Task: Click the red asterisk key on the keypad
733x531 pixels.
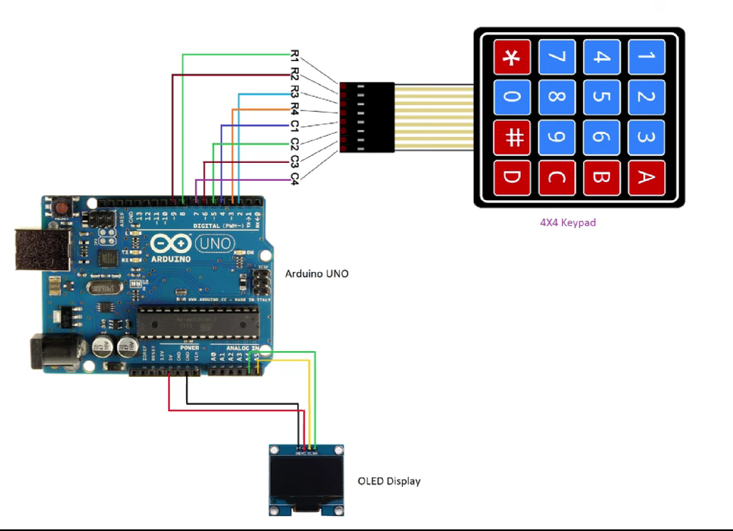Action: (x=512, y=57)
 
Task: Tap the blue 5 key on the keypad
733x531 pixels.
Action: (x=601, y=96)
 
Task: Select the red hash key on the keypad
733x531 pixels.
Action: (x=512, y=137)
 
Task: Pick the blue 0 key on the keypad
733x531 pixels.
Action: (x=512, y=96)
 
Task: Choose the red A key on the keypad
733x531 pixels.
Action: (x=646, y=177)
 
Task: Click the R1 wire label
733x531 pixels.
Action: (x=294, y=55)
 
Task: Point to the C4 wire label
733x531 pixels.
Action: (x=294, y=179)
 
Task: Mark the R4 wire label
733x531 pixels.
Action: (x=294, y=109)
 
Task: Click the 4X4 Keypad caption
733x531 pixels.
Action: (x=568, y=222)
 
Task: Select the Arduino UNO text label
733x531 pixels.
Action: (x=317, y=273)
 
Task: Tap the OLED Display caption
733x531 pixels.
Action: (x=389, y=481)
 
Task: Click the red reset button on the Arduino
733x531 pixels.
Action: (x=62, y=208)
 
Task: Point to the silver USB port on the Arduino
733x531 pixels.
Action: (x=41, y=249)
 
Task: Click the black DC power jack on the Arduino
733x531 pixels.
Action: (x=54, y=352)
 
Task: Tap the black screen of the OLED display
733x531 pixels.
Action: (x=306, y=478)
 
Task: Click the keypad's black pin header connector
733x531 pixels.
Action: (x=367, y=117)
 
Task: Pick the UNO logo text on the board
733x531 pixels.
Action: (x=215, y=243)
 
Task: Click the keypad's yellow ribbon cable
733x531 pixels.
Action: (x=434, y=117)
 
